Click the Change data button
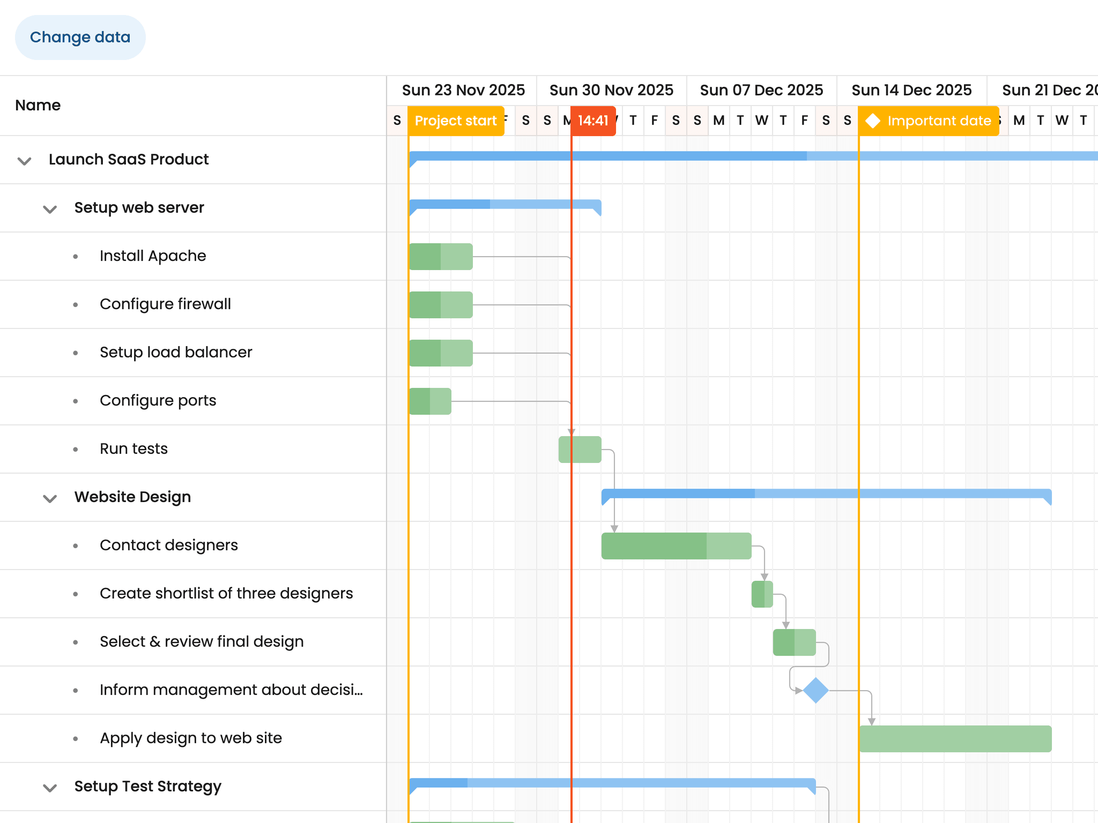click(x=80, y=38)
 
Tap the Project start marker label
click(x=455, y=121)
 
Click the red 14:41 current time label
click(x=593, y=121)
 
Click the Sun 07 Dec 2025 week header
click(x=761, y=90)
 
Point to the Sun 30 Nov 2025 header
click(x=611, y=90)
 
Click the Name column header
click(x=38, y=106)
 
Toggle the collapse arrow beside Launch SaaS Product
click(x=25, y=161)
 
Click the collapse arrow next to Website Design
click(x=50, y=498)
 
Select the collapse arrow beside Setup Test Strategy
click(x=50, y=788)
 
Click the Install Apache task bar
click(x=441, y=257)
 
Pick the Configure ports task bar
click(x=430, y=401)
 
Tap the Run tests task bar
click(x=580, y=450)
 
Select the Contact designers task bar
click(x=676, y=546)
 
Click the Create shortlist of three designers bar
click(x=762, y=594)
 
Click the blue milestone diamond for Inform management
click(x=816, y=690)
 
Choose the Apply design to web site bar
click(x=955, y=739)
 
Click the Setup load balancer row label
click(x=176, y=353)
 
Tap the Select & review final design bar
click(x=794, y=642)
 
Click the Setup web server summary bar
click(x=505, y=204)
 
